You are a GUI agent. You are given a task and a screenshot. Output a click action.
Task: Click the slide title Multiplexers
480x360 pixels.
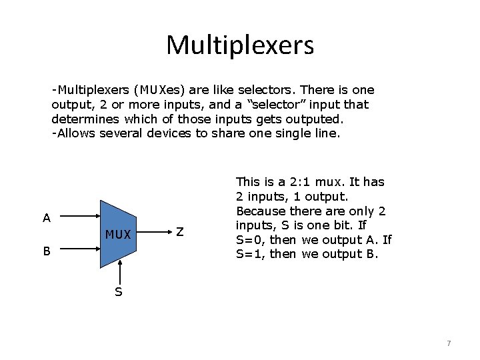pos(239,45)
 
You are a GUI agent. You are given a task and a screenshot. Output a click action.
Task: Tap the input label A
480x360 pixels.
pos(46,217)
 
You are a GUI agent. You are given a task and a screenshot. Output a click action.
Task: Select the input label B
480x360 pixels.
pos(46,251)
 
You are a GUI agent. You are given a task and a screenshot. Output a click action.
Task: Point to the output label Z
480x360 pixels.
pos(180,231)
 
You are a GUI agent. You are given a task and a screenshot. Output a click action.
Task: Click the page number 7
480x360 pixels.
pos(449,343)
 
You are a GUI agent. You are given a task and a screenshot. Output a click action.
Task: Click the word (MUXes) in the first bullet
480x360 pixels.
pos(159,89)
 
